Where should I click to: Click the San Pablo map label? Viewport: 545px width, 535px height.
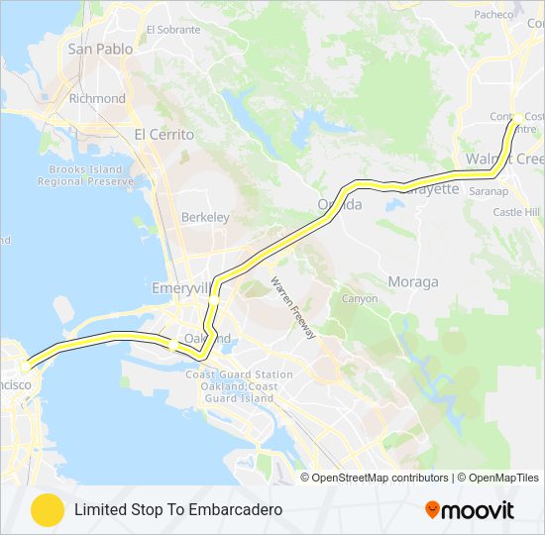[x=99, y=49]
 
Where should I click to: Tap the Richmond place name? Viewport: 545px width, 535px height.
[x=97, y=99]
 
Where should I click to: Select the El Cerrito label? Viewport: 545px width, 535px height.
[x=163, y=134]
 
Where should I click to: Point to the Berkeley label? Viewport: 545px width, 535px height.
[x=205, y=217]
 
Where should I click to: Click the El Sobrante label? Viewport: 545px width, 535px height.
[x=172, y=30]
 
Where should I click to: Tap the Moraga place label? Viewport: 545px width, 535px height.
[x=412, y=281]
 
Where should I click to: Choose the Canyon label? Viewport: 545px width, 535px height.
[x=360, y=298]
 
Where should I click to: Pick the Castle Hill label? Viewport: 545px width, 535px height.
[x=516, y=212]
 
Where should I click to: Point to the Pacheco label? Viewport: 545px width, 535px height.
[x=493, y=14]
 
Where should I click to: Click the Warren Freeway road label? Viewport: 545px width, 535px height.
[x=293, y=308]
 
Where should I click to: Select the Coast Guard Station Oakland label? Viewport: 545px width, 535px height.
[x=239, y=380]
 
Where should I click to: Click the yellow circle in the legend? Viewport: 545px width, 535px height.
[x=47, y=509]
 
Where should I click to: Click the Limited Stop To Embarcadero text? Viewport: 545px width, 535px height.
[x=178, y=509]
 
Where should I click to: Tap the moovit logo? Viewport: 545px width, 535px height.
[x=470, y=510]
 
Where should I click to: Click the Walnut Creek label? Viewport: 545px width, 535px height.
[x=505, y=160]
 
